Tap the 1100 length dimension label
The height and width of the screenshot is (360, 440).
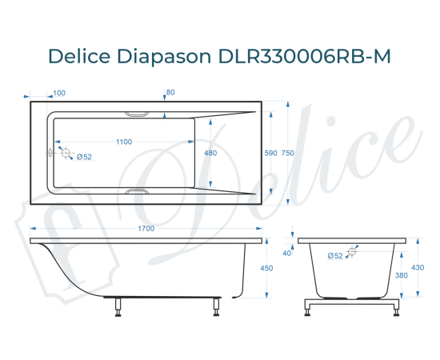[x=123, y=142]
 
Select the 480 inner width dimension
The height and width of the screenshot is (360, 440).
[x=210, y=153]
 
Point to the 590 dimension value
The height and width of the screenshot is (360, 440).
[x=270, y=153]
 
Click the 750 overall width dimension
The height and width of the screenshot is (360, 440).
[x=298, y=153]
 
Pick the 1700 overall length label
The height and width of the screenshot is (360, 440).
[x=146, y=229]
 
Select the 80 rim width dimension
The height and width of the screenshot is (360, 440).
[x=170, y=92]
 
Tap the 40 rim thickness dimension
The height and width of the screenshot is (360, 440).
[x=287, y=253]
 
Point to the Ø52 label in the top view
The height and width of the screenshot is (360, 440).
[x=84, y=157]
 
